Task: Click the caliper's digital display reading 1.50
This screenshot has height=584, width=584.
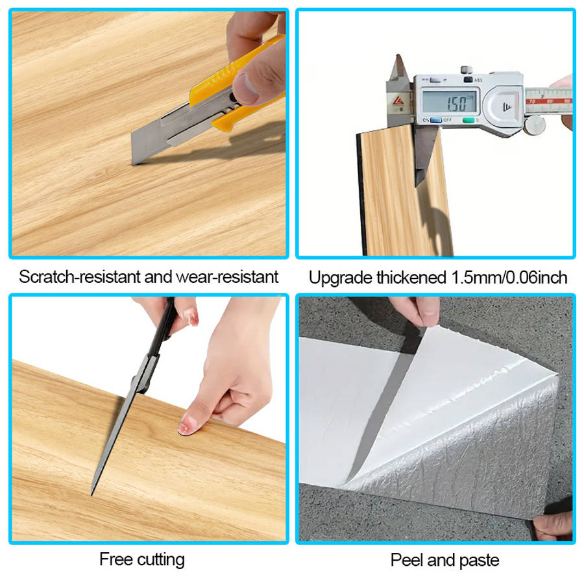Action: (449, 102)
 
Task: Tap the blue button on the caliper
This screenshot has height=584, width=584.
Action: (435, 120)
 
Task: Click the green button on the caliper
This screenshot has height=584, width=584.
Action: (468, 120)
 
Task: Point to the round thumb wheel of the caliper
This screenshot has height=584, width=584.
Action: (535, 125)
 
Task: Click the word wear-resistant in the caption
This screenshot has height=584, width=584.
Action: (227, 276)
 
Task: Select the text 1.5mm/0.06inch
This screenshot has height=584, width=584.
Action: (509, 278)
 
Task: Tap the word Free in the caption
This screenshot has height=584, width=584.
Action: (116, 559)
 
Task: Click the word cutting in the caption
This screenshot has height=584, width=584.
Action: (161, 560)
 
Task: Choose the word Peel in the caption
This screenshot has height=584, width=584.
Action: (407, 560)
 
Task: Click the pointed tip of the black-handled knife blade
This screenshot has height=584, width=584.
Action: (92, 494)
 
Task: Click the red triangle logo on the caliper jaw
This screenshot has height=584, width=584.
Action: (398, 101)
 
